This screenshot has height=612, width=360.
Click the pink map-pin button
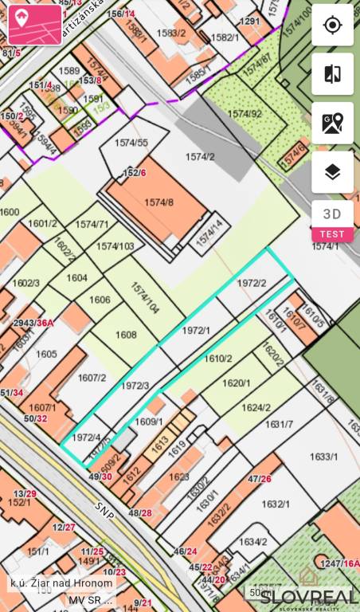[35, 25]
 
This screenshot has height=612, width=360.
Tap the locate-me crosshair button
[332, 25]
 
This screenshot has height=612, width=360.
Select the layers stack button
[332, 171]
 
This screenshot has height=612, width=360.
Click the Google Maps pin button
[332, 123]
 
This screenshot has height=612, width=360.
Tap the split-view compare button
[332, 74]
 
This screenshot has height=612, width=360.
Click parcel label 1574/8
[158, 203]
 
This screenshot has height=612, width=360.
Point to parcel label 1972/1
[196, 330]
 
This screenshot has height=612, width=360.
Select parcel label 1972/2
[252, 283]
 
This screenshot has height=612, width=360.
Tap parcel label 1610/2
[218, 359]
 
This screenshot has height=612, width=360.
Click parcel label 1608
[126, 335]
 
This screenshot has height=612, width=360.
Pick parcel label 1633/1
[324, 457]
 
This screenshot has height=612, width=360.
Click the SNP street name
[104, 510]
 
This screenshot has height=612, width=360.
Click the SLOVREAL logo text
[308, 595]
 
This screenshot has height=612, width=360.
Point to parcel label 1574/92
[245, 114]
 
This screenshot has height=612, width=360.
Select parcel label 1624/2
[256, 408]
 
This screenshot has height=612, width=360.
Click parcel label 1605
[46, 353]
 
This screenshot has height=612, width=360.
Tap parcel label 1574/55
[131, 143]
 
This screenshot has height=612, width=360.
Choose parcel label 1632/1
[276, 504]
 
